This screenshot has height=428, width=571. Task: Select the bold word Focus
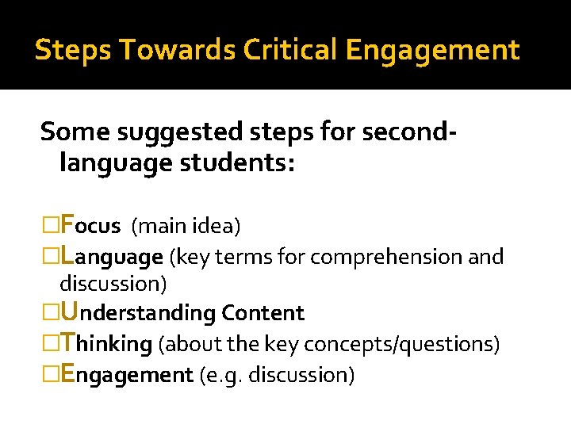click(90, 226)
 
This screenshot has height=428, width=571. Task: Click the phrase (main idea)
click(186, 227)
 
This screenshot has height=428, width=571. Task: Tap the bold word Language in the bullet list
click(111, 257)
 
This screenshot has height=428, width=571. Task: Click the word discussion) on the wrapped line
click(113, 283)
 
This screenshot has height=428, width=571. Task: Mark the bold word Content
click(263, 313)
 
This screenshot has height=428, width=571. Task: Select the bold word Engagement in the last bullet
click(127, 374)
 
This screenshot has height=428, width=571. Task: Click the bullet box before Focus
click(50, 227)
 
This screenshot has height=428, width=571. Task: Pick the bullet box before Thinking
click(50, 344)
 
